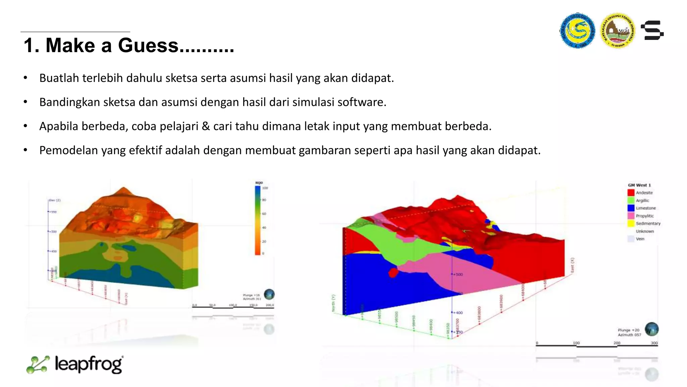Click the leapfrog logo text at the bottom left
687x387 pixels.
pyautogui.click(x=89, y=364)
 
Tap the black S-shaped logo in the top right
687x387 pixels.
pyautogui.click(x=652, y=30)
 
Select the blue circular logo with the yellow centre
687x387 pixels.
pyautogui.click(x=577, y=31)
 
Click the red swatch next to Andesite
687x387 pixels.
pyautogui.click(x=631, y=193)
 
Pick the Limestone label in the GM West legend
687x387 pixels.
pyautogui.click(x=645, y=208)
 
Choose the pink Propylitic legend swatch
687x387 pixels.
pyautogui.click(x=631, y=216)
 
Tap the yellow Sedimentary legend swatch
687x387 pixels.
pyautogui.click(x=631, y=224)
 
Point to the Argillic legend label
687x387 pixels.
pyautogui.click(x=642, y=201)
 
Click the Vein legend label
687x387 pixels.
pyautogui.click(x=640, y=239)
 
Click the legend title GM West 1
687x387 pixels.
pyautogui.click(x=639, y=185)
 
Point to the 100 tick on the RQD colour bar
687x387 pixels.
pyautogui.click(x=265, y=188)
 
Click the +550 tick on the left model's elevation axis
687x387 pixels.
pyautogui.click(x=53, y=212)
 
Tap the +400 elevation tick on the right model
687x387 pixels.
pyautogui.click(x=458, y=313)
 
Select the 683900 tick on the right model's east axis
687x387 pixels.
pyautogui.click(x=501, y=301)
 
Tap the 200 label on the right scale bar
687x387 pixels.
pyautogui.click(x=617, y=343)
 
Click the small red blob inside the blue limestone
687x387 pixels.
pyautogui.click(x=393, y=272)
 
